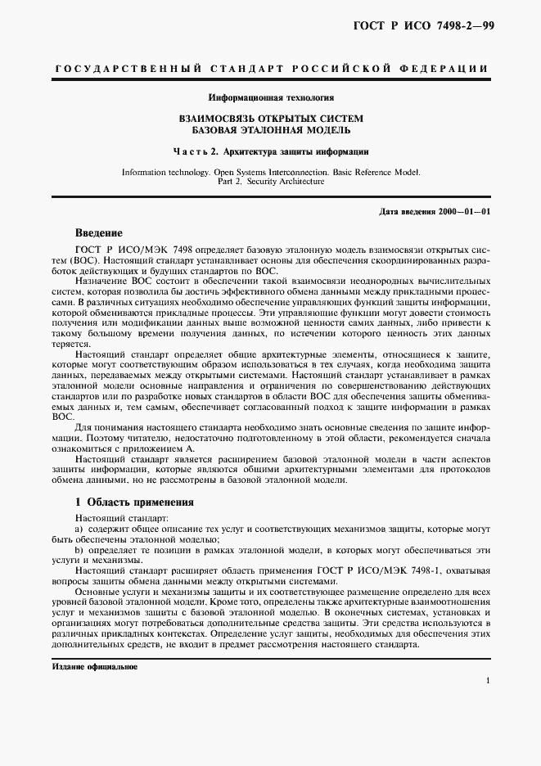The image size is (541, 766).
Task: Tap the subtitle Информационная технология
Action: tap(270, 97)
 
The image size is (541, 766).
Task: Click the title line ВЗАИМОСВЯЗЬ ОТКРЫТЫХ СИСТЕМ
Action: tap(270, 119)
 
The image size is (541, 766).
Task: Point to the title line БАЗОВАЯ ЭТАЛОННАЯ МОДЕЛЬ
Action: tap(270, 130)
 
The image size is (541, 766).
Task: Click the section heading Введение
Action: tap(99, 232)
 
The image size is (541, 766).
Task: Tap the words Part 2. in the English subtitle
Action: tap(232, 182)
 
